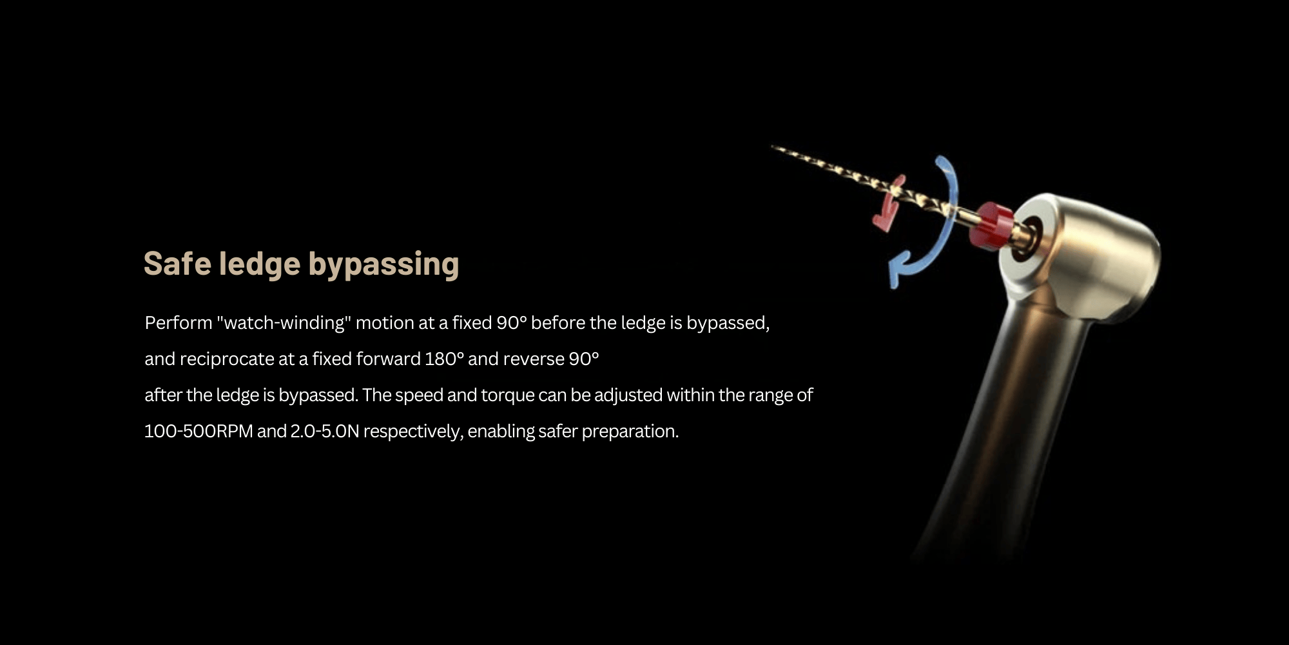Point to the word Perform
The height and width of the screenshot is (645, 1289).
179,322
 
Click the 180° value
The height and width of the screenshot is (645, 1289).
444,359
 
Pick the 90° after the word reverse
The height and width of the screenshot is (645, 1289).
584,359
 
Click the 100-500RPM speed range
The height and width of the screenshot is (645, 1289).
199,431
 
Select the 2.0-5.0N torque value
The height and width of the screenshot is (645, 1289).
325,431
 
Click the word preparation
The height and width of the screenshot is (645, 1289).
630,432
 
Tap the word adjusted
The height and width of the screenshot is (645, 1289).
628,395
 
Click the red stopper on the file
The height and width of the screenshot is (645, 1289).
989,225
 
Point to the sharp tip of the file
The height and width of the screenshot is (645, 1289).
773,146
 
